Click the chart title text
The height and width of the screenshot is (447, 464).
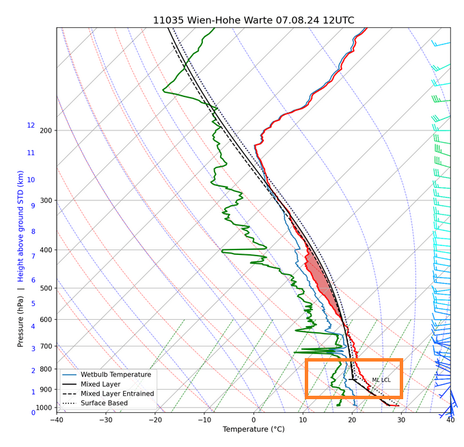point(254,20)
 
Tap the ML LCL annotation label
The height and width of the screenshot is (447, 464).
point(381,380)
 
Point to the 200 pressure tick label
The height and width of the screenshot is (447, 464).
point(46,131)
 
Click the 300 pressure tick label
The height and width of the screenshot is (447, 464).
point(46,200)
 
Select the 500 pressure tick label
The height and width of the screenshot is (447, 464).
point(46,288)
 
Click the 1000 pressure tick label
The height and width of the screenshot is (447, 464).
point(44,407)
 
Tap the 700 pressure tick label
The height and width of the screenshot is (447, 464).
point(46,346)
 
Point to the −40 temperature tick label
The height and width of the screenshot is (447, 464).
point(57,420)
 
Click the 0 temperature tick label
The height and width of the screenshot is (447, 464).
point(254,420)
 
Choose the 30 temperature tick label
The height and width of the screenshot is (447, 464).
point(401,420)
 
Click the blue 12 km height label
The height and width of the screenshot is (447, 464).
point(31,125)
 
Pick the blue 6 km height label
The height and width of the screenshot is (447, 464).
point(33,280)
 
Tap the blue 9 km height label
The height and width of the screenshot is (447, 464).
point(33,206)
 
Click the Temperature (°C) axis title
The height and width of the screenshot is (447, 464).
point(254,429)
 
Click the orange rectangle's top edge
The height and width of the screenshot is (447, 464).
point(353,360)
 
